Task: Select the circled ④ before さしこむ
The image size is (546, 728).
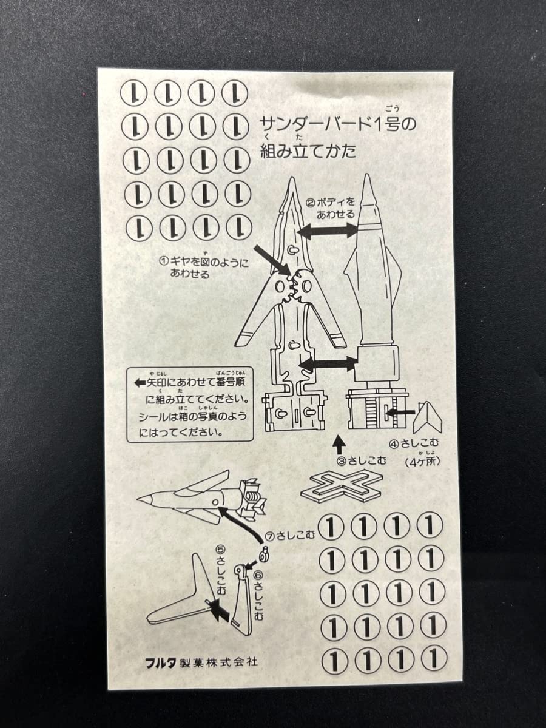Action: (394, 443)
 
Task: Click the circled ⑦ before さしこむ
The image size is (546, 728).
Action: (271, 536)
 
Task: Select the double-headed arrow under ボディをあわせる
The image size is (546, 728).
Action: (330, 231)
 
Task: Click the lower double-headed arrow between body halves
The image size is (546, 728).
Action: (329, 364)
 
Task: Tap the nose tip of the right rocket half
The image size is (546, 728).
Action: (368, 179)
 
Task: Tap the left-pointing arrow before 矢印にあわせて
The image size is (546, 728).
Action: (136, 383)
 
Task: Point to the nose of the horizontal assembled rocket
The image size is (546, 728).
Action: (141, 498)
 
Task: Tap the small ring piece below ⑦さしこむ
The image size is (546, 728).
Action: (265, 553)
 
